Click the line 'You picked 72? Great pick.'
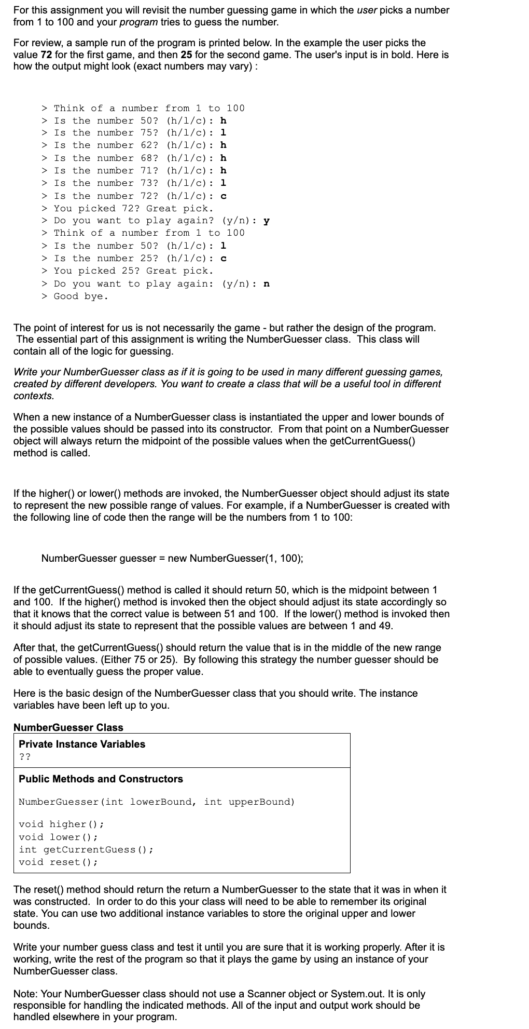(x=133, y=208)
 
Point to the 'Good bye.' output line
(x=81, y=296)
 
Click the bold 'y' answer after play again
(x=266, y=221)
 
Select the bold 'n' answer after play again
(x=266, y=283)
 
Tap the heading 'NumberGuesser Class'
(x=68, y=727)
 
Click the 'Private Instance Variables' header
(x=82, y=744)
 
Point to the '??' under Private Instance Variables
(x=24, y=756)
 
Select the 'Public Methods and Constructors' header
(x=101, y=779)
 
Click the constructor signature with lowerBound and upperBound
(x=157, y=802)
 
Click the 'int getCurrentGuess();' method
(x=86, y=849)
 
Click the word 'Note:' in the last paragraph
(x=25, y=994)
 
